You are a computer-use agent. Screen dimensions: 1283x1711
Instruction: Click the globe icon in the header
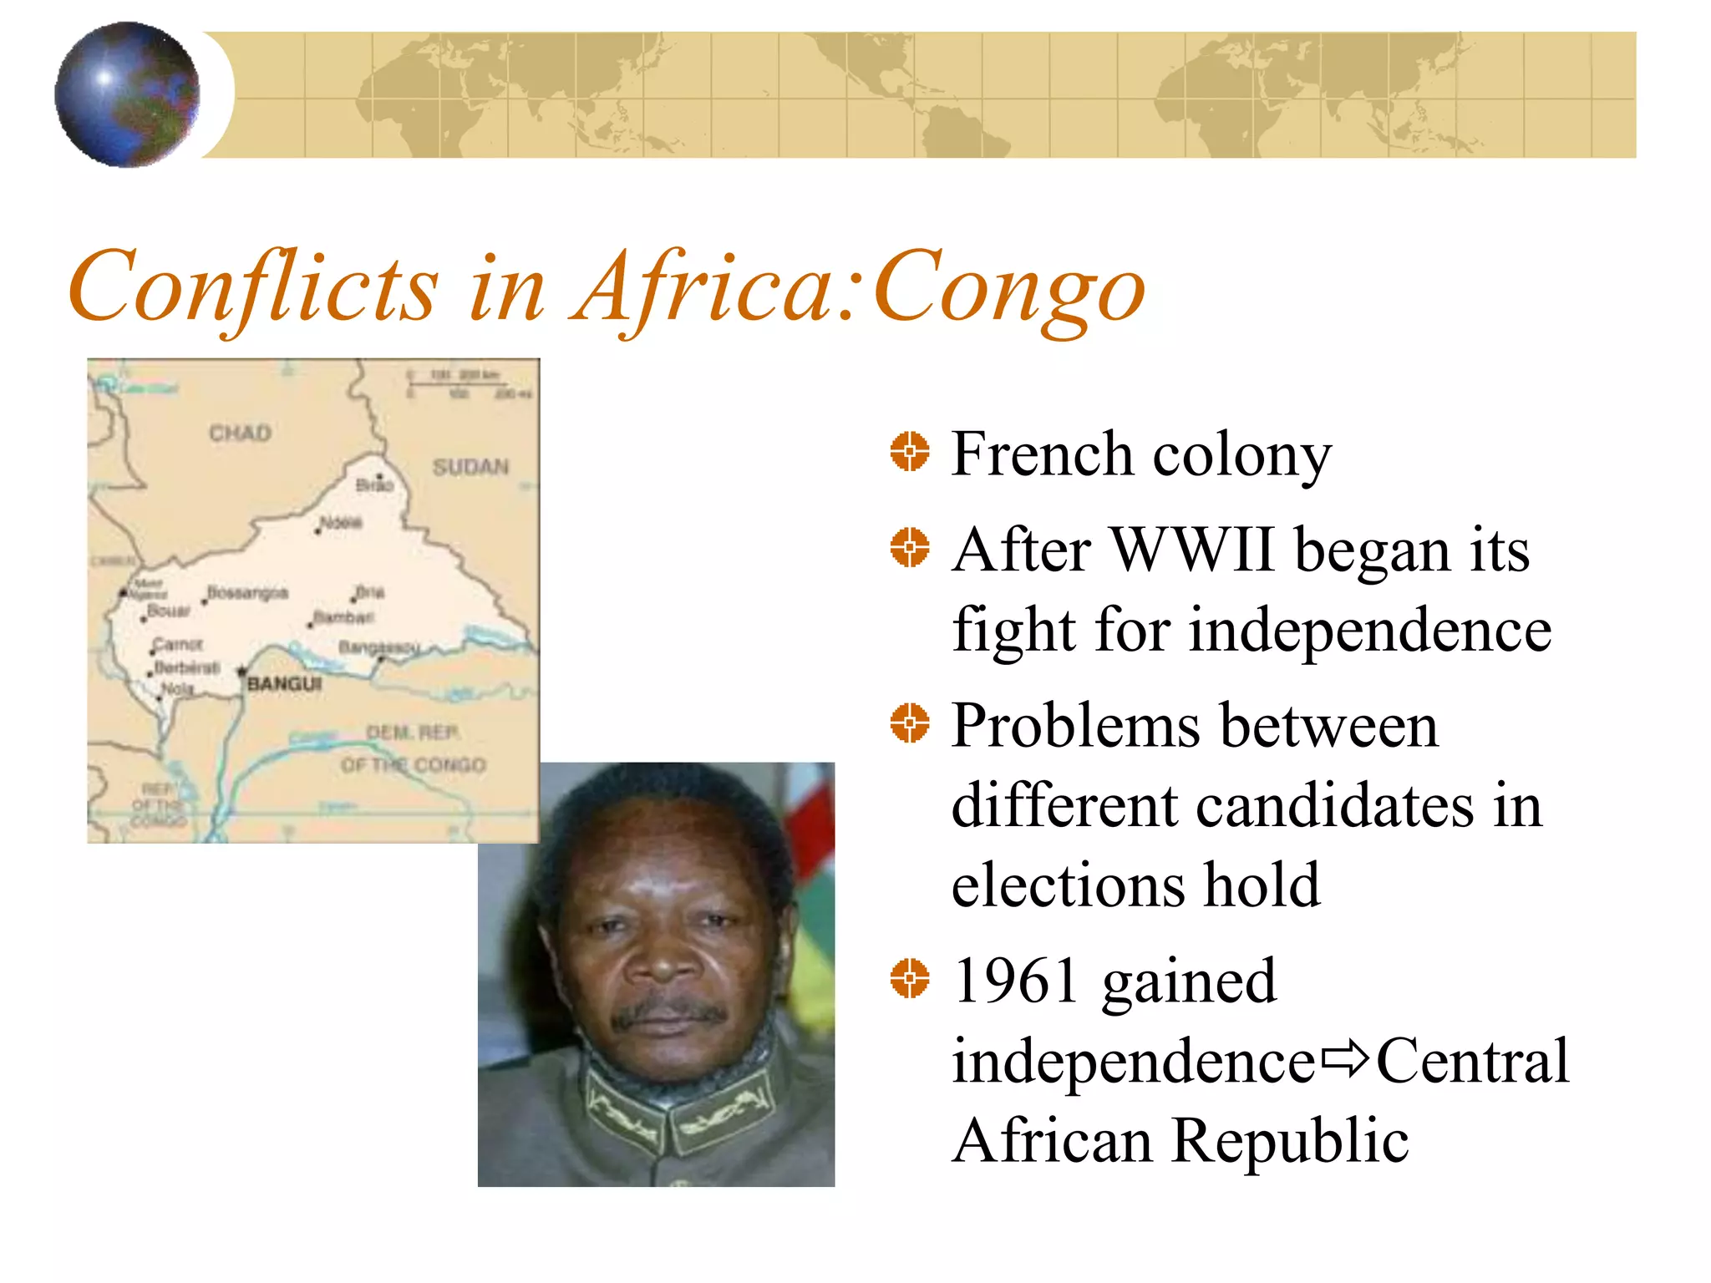click(x=127, y=94)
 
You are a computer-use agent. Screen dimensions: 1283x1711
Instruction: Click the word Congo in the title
click(x=1009, y=288)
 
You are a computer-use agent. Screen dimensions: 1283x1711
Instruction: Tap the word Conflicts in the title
click(x=252, y=288)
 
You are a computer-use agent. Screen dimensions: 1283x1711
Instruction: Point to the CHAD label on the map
click(x=240, y=434)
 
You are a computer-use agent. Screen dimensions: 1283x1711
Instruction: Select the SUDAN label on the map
click(x=470, y=467)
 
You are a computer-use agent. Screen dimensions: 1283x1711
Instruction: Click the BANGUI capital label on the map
click(x=284, y=684)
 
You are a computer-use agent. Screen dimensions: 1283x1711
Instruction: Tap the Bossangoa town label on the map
click(x=247, y=593)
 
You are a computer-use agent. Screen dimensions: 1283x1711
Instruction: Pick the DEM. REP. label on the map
click(x=413, y=733)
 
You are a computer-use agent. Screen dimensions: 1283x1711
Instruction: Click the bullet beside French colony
click(x=909, y=452)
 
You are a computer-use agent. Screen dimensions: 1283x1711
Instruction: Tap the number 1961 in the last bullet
click(x=1016, y=981)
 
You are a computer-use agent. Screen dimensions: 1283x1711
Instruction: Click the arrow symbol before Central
click(x=1345, y=1059)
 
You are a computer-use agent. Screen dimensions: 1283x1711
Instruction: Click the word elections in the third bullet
click(x=1067, y=885)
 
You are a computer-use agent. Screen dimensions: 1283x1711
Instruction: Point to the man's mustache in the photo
click(x=668, y=1012)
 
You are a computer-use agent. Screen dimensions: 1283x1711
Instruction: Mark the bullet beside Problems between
click(x=909, y=723)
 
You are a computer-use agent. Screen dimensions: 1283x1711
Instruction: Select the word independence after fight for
click(x=1370, y=630)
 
